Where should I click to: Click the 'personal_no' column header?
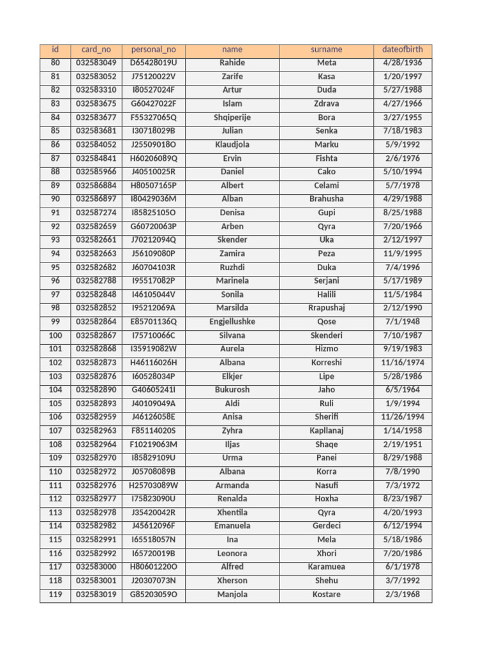153,50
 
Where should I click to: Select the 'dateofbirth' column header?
403,50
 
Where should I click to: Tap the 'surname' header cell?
326,50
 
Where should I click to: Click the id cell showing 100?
56,335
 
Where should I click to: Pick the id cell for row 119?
56,595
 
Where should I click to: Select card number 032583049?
96,63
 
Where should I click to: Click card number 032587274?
96,213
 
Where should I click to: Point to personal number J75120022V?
153,77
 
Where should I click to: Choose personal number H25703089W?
153,485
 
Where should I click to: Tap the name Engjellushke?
232,322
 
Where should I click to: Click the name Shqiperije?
232,118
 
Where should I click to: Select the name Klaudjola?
232,145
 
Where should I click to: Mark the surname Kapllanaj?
326,431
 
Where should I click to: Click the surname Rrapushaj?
326,308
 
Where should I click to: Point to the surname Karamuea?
326,567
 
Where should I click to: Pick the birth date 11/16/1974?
403,363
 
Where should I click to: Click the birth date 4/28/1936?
403,63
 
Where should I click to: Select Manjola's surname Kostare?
326,595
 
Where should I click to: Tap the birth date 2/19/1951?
403,445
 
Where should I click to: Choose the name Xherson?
232,581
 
